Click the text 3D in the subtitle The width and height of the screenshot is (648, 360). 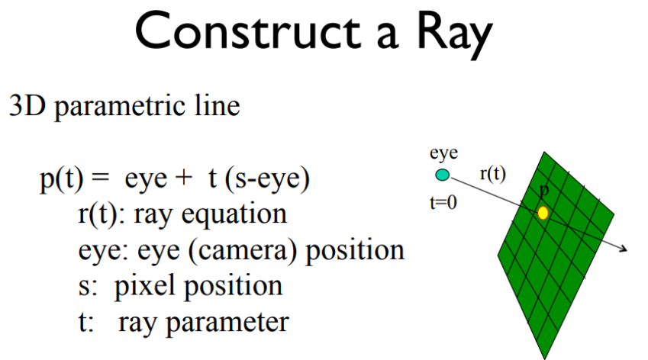click(x=24, y=105)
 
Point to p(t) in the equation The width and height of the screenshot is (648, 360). click(x=63, y=180)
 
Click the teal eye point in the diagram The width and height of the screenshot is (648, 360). click(x=443, y=175)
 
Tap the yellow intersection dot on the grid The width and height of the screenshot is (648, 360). click(x=543, y=213)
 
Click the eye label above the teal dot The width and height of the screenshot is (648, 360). click(x=443, y=154)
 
